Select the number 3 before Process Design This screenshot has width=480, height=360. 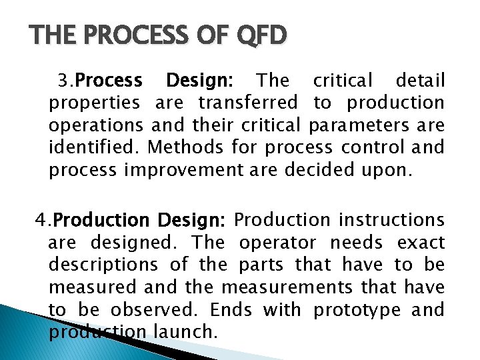tap(62, 81)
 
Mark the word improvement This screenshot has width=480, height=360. tap(191, 171)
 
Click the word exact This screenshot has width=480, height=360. tap(421, 242)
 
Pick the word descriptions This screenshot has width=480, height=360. tap(103, 265)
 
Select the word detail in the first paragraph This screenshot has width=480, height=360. tap(420, 81)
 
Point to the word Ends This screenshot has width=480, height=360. tap(232, 310)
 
